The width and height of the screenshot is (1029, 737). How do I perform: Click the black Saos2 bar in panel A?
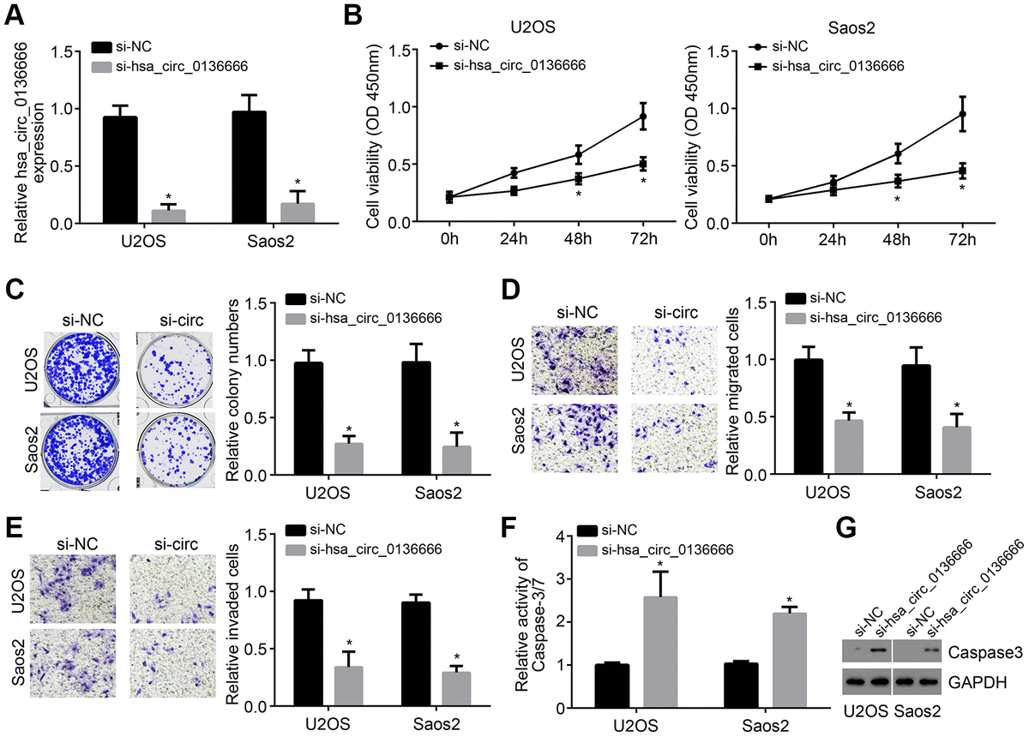pyautogui.click(x=248, y=167)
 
